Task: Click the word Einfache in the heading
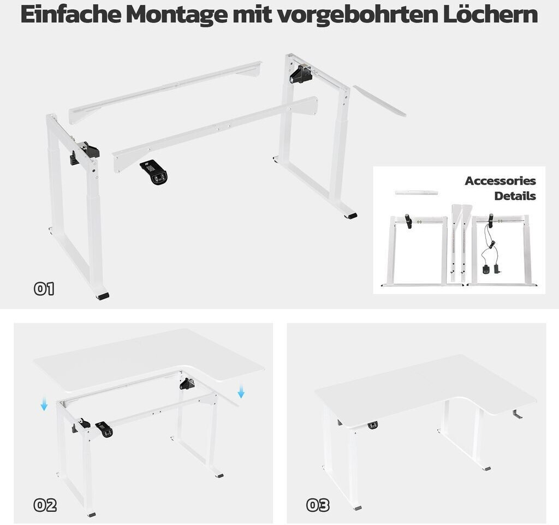coord(70,14)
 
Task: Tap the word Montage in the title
coord(176,15)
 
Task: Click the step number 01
coord(44,288)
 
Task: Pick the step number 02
coord(45,505)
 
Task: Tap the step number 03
coord(318,505)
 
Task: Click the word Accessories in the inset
coord(500,181)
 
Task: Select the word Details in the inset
coord(515,196)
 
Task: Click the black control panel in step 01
coord(154,172)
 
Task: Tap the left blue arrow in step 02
coord(44,405)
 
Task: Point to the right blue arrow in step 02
coord(241,392)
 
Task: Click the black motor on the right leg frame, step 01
coord(301,74)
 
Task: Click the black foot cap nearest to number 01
coord(102,296)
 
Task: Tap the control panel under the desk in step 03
coord(373,425)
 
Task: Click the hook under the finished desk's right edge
coord(518,414)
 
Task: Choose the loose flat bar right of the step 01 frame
coord(379,101)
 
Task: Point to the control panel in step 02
coord(104,429)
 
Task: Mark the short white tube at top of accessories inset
coord(416,193)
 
